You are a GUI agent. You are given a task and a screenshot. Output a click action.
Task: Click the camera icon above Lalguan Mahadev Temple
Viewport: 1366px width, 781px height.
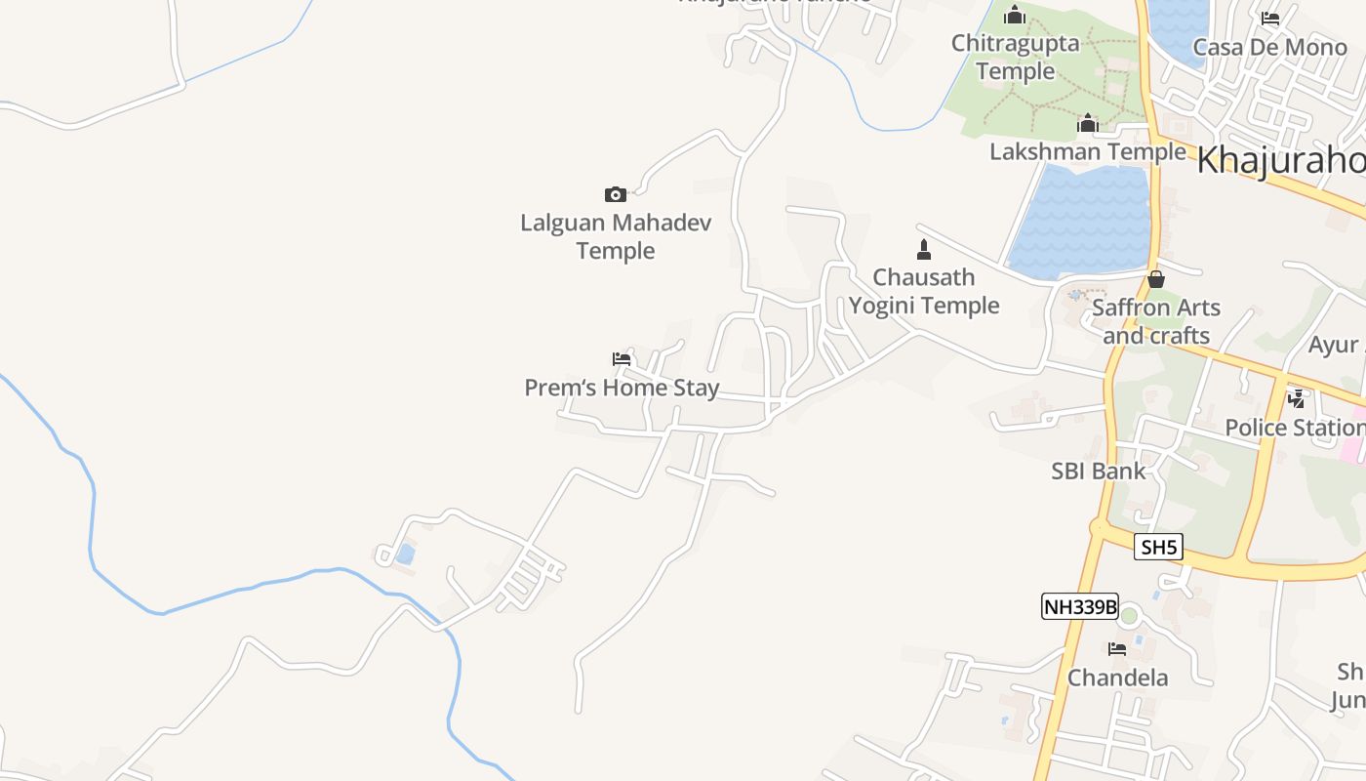615,194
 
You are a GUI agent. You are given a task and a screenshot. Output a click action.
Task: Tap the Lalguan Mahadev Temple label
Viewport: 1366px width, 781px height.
616,236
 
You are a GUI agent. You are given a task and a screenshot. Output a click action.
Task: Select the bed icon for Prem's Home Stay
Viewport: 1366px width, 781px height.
622,358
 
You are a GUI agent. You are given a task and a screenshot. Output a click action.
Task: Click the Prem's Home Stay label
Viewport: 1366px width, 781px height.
623,388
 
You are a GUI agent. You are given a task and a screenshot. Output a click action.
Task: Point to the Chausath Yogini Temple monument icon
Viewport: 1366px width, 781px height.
924,249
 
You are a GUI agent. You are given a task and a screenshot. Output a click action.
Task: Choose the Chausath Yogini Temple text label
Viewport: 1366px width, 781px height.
924,291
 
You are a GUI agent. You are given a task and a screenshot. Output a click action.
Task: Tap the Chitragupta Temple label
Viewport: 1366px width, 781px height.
1015,57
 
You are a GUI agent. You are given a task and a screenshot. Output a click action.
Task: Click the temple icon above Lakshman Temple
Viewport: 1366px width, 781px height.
1088,123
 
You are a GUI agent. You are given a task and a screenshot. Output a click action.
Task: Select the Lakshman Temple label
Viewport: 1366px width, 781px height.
1088,152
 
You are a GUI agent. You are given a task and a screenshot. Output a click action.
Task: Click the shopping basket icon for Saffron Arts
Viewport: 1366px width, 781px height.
1156,279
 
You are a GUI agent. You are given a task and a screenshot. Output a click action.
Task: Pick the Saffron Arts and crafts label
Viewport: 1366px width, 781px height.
1156,321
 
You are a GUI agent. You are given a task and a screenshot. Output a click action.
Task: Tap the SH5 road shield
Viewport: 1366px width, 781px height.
1159,547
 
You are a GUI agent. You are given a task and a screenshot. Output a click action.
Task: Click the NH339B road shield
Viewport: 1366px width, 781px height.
1079,606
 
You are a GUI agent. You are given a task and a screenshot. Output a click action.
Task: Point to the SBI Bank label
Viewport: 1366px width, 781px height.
1099,471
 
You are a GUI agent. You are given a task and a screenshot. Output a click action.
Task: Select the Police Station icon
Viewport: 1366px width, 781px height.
1297,398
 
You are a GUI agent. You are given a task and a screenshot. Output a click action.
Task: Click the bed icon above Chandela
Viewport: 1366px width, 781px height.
1117,648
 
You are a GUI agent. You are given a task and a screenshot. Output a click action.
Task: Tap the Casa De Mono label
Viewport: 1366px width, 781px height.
1269,47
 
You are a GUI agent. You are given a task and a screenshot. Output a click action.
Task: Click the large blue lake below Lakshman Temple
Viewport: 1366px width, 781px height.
1083,220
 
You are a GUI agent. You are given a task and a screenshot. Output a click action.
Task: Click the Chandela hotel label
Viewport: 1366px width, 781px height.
1117,678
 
